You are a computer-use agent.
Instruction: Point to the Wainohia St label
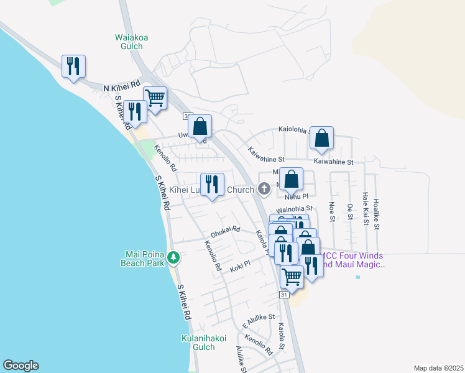(293, 210)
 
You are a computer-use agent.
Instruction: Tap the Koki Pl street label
(239, 264)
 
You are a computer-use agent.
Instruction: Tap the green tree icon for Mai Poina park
(175, 257)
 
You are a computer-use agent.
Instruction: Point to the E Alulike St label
(259, 321)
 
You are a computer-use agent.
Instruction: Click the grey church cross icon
(264, 188)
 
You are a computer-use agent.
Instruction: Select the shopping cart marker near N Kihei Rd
(155, 98)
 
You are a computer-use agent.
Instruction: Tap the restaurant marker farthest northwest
(73, 66)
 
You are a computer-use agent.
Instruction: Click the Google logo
(21, 365)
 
